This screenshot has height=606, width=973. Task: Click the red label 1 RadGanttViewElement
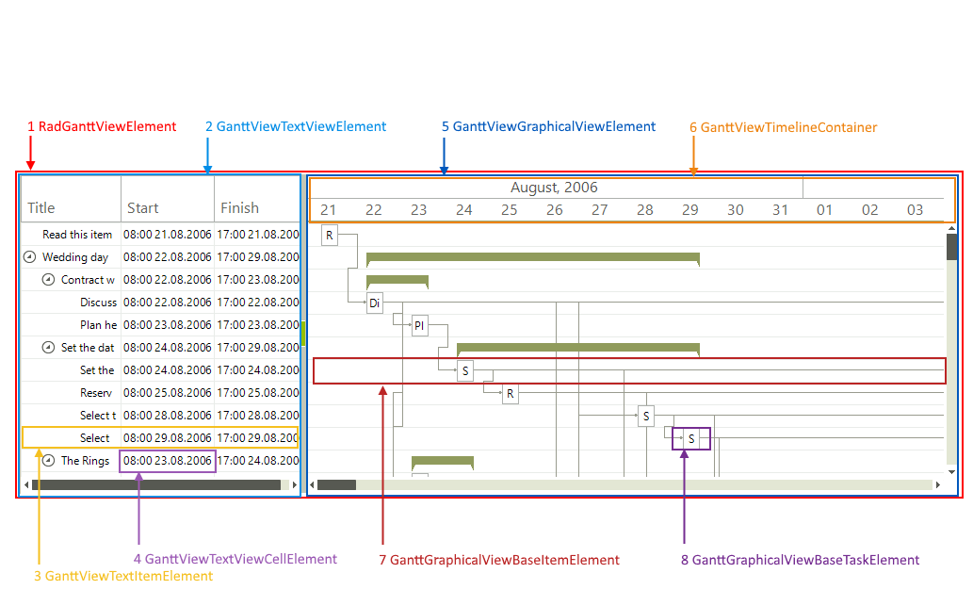102,126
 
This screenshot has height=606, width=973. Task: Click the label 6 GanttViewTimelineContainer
783,127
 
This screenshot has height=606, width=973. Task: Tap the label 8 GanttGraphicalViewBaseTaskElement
800,560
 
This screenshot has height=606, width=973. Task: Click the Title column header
41,208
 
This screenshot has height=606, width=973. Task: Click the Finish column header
239,208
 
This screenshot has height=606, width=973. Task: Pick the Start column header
143,208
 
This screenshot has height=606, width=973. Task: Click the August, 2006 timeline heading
554,188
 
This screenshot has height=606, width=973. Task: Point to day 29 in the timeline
689,210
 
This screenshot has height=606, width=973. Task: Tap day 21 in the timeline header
328,210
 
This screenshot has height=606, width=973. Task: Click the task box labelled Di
375,303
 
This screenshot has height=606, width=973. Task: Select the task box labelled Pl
419,326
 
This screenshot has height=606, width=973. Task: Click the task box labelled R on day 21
330,235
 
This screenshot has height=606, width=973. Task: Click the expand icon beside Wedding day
29,257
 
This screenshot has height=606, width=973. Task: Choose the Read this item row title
77,235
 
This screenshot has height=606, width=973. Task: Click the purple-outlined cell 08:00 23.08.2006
168,461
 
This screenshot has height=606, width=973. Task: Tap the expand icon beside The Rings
49,461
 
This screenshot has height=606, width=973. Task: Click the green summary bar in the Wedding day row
532,257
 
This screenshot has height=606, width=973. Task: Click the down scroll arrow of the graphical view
951,471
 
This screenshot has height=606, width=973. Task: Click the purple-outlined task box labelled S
691,439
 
